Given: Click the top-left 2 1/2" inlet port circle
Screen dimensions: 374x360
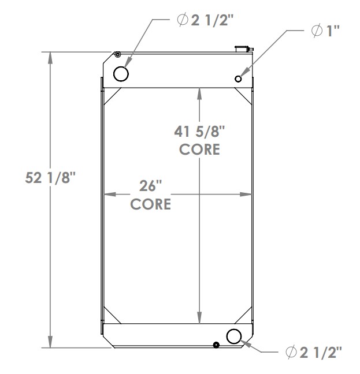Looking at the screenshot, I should point(121,74).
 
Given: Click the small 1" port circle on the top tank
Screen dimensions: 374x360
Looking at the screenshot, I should point(238,78).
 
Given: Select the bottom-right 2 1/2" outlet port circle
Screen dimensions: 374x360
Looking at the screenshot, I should point(235,336).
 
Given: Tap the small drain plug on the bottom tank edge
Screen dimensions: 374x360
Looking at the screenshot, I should point(216,345).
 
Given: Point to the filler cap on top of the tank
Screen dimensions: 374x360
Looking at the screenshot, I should point(240,48).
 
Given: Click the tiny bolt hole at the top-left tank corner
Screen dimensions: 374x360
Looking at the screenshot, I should point(117,55).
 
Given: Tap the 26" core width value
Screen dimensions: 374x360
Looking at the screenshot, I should point(150,187).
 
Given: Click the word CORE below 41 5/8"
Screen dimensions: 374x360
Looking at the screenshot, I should point(199,149).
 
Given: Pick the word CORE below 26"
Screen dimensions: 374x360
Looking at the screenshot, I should point(150,204).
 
